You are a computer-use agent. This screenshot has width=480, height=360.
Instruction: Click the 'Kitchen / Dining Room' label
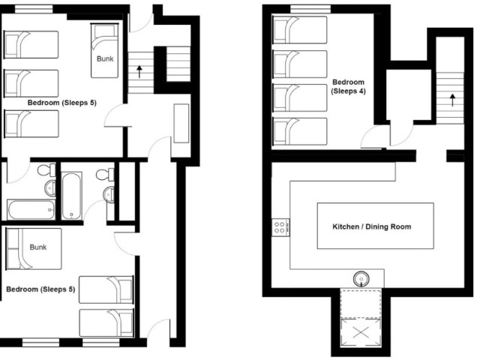[x=372, y=226]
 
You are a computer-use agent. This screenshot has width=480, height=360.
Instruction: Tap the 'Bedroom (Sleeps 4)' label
[x=348, y=87]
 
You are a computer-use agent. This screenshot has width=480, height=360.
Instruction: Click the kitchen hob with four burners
[x=280, y=227]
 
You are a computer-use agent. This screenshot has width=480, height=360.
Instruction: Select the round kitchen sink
[x=361, y=279]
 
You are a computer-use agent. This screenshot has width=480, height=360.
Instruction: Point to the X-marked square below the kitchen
[x=361, y=332]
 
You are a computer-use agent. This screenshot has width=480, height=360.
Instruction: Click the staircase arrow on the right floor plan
[x=452, y=100]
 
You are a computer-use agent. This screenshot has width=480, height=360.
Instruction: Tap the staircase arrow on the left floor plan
[x=139, y=72]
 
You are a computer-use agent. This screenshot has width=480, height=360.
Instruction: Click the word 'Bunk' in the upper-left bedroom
[x=105, y=58]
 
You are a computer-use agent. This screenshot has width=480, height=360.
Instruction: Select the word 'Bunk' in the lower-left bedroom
[x=38, y=247]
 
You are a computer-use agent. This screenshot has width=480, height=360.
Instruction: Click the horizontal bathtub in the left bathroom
[x=31, y=210]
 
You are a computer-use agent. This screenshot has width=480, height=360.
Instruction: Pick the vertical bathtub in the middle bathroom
[x=72, y=196]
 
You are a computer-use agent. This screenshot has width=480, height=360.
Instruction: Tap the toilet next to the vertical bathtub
[x=105, y=175]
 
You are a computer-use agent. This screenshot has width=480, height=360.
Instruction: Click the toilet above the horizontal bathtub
[x=46, y=169]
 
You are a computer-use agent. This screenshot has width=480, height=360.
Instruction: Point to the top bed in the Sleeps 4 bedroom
[x=300, y=30]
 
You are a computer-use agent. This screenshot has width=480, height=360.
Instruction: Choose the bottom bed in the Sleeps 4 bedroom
[x=300, y=131]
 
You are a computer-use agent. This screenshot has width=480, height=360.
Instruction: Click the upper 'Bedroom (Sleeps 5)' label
[x=61, y=103]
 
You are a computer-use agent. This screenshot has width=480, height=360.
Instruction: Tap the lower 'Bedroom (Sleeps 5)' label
[x=40, y=289]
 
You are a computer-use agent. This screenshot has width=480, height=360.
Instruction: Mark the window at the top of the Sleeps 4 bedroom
[x=310, y=10]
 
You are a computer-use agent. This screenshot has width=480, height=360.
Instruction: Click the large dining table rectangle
[x=375, y=226]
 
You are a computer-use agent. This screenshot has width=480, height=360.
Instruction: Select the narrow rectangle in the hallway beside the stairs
[x=181, y=123]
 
